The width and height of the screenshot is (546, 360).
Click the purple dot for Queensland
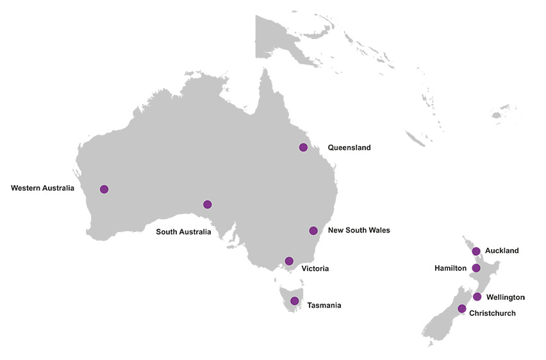point(303,147)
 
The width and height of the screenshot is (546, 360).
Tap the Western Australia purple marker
point(104,189)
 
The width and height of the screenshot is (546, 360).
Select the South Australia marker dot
point(207,204)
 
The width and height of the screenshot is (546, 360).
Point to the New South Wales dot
point(313,231)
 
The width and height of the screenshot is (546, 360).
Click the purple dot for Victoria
point(289,261)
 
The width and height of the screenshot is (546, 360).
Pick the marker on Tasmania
point(294,300)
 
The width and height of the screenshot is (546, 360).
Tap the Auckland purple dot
point(476,251)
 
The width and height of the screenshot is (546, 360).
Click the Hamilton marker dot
point(476,268)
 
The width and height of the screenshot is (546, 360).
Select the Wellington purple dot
point(477,297)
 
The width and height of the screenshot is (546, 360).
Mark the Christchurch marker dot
point(461,309)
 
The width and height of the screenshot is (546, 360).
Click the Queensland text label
point(349,147)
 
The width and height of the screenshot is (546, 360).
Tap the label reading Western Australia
point(42,188)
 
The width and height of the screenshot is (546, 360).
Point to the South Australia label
point(183,232)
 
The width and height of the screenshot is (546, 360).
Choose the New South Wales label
point(358,230)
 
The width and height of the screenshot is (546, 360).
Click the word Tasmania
point(324,306)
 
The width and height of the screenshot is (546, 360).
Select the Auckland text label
point(502,250)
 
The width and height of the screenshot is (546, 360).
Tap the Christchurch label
point(492,313)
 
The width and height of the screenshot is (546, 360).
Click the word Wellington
point(505,297)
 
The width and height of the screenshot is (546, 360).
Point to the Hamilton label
point(451,268)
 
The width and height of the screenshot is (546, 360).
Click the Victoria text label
point(315,268)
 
